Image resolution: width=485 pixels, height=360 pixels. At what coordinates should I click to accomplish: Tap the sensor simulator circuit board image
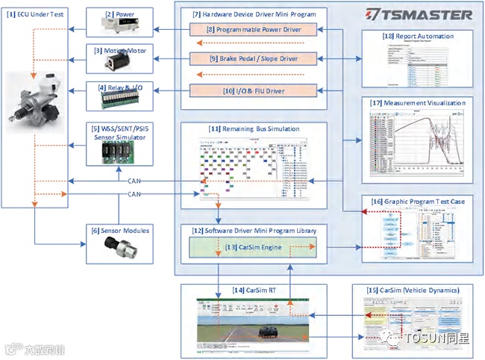coord(122,153)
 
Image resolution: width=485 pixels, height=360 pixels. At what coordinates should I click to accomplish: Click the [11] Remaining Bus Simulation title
coord(254,129)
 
